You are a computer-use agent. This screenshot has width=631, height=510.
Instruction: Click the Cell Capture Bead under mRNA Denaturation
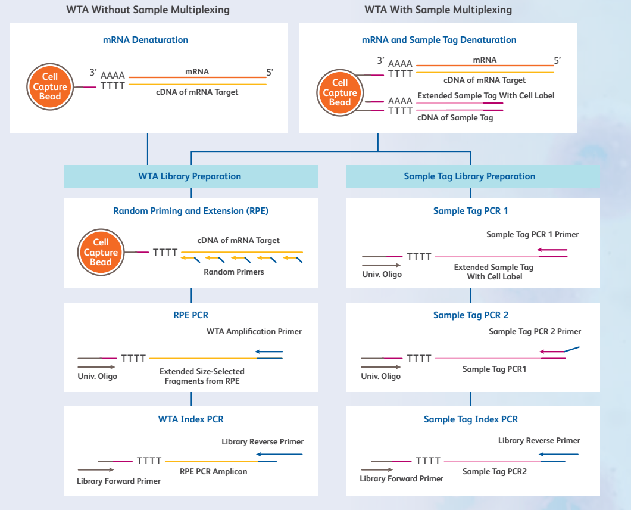click(x=50, y=87)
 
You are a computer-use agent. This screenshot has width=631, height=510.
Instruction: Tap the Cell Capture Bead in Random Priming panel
click(x=101, y=252)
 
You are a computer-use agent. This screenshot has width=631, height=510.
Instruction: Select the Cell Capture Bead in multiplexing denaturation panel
click(x=340, y=93)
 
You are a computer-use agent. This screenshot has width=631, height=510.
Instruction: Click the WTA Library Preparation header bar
click(x=190, y=176)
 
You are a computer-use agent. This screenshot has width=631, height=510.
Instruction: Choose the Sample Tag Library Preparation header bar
click(x=470, y=176)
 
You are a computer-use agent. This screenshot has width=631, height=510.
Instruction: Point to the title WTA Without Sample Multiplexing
click(x=147, y=10)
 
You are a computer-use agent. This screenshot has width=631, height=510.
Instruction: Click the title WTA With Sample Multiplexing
click(x=438, y=10)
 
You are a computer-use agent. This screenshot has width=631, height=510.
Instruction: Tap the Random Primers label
click(x=234, y=272)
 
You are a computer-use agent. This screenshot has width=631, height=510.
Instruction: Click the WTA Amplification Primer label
click(x=254, y=331)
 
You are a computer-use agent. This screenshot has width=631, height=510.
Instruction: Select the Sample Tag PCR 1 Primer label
click(x=532, y=234)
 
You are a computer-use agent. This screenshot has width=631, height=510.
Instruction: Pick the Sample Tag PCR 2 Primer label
click(x=535, y=331)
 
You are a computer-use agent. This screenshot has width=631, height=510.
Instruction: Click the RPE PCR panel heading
click(x=190, y=315)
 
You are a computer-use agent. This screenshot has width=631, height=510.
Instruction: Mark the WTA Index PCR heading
click(x=190, y=419)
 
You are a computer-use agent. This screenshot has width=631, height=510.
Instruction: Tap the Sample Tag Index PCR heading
click(x=470, y=419)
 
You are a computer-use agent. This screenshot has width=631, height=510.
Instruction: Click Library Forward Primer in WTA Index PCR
click(x=118, y=481)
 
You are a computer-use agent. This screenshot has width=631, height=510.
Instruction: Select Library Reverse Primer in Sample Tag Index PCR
click(x=539, y=440)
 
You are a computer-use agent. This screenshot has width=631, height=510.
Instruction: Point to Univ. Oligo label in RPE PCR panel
click(x=98, y=377)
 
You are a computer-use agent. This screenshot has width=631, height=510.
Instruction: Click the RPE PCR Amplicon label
click(x=213, y=471)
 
